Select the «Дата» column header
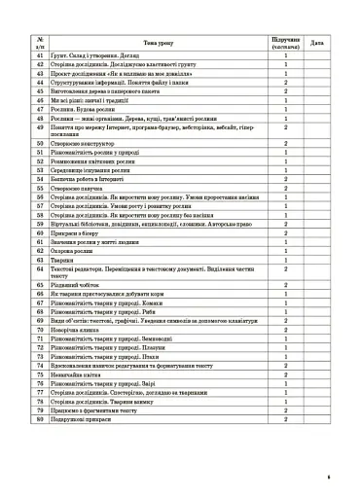click(317, 43)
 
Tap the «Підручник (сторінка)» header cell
click(285, 43)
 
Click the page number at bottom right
click(329, 477)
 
